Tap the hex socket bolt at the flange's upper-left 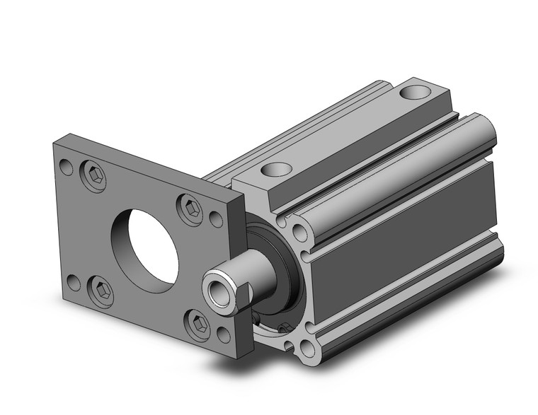(93, 176)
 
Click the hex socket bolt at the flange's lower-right (198, 324)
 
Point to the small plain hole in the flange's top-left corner (66, 168)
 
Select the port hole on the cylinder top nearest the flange (277, 169)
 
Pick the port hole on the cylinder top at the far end (415, 92)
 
